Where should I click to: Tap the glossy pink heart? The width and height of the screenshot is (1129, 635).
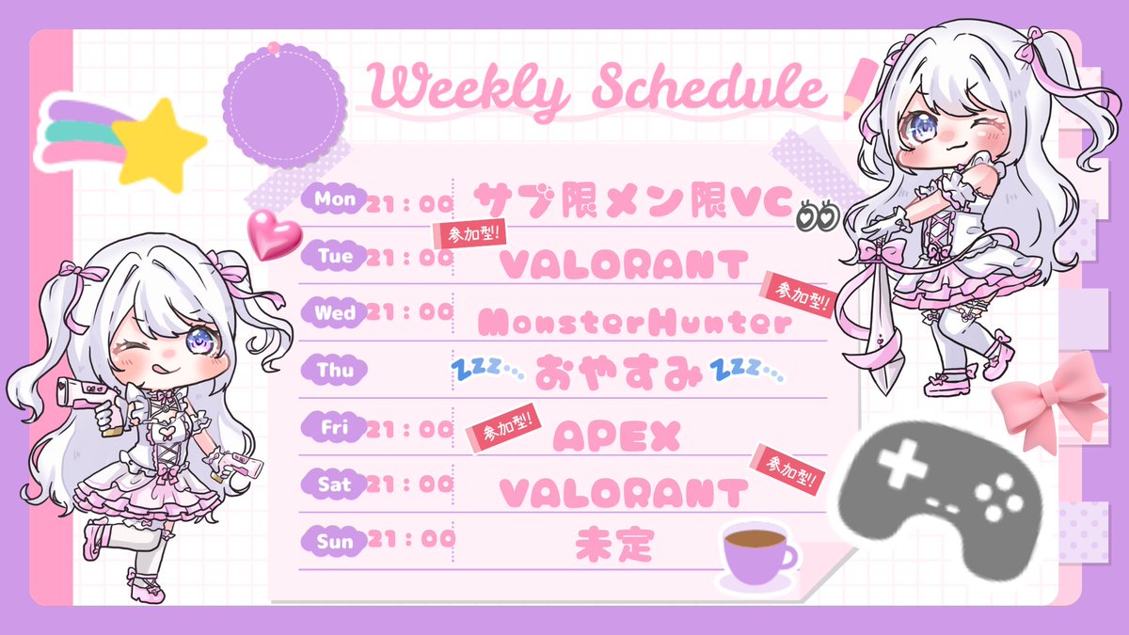(273, 234)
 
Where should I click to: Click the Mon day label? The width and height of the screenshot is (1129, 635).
(335, 199)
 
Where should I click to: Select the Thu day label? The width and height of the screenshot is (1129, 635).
(335, 371)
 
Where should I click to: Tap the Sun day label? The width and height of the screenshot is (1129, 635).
(335, 541)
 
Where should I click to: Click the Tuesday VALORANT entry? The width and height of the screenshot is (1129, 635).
(624, 264)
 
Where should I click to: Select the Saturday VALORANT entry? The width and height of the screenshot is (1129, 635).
(624, 492)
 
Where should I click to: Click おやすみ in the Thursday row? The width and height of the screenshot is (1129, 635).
(617, 374)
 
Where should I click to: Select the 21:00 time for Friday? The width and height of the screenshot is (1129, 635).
(410, 429)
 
